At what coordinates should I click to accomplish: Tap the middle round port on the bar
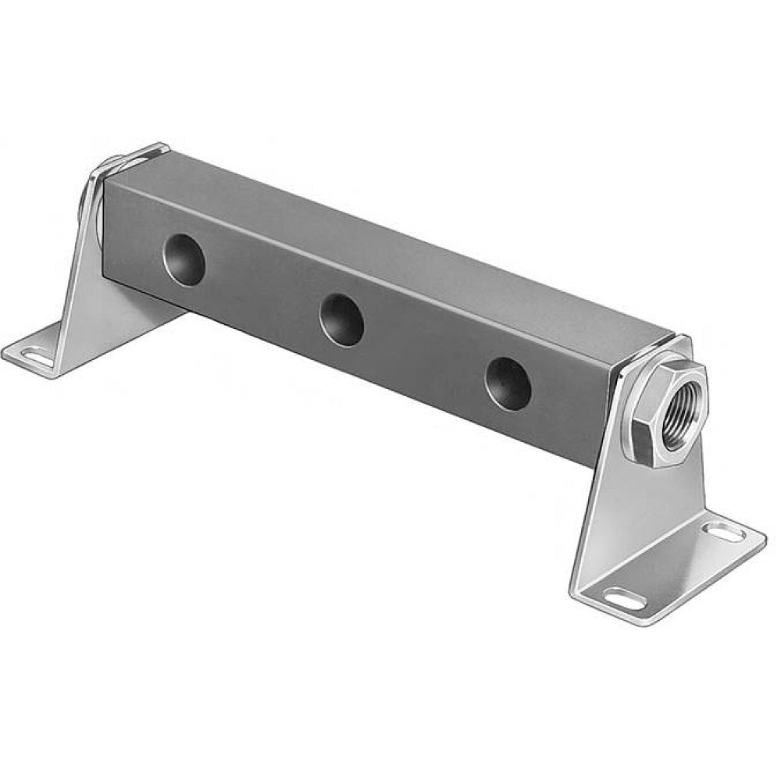342,318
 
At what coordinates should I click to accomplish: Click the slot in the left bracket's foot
34,356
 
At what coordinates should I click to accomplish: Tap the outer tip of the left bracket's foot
9,351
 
